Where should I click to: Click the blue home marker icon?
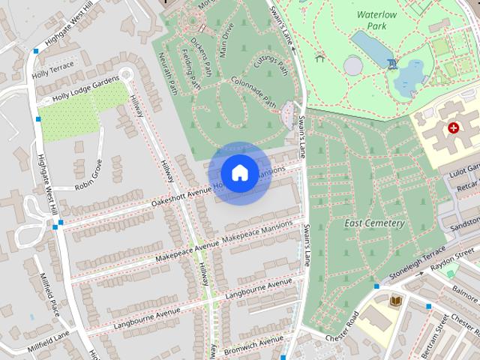click(239, 173)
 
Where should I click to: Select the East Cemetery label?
click(374, 223)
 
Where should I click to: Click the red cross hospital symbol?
click(453, 128)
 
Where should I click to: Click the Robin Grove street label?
click(88, 174)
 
